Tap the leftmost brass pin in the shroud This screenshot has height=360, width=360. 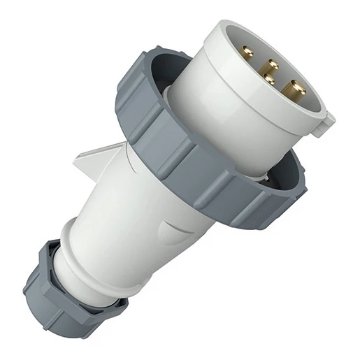245,52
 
